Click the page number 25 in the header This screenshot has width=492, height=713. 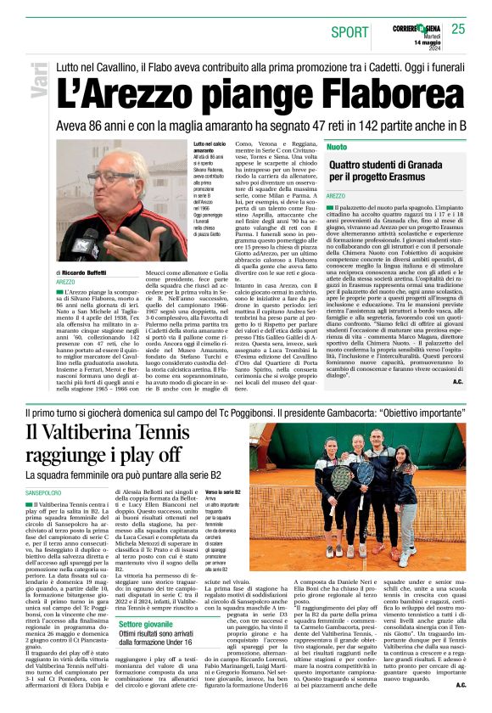(459, 29)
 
